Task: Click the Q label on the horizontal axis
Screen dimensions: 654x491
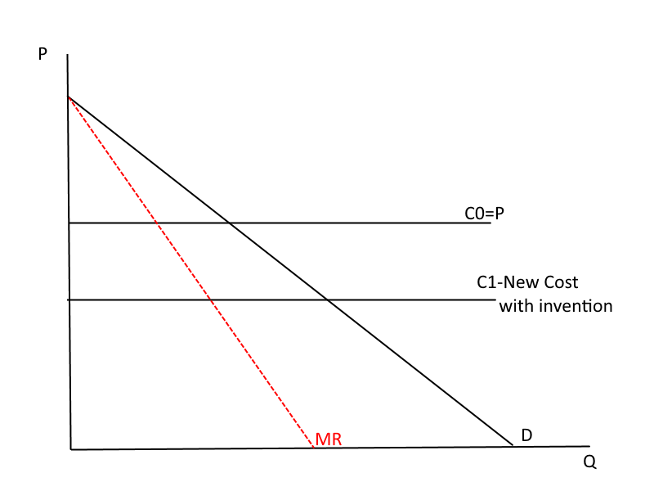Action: [589, 462]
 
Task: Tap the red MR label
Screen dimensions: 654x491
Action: [327, 439]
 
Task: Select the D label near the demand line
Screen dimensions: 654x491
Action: [527, 435]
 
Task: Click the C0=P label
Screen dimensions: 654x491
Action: [486, 213]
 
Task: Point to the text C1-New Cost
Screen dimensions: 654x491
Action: [527, 282]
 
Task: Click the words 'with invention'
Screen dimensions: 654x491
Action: [555, 307]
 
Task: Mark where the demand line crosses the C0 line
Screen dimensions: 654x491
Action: [229, 223]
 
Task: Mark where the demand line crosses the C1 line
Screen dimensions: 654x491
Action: [328, 300]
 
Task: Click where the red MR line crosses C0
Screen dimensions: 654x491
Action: [155, 223]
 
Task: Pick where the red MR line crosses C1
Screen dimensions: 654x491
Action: [211, 300]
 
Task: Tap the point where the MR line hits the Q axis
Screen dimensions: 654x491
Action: [314, 448]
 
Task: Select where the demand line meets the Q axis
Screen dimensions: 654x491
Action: [513, 446]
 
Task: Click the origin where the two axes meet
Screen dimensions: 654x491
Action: [71, 449]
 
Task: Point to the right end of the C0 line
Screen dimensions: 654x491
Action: [490, 223]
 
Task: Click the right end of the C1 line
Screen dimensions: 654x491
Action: [495, 300]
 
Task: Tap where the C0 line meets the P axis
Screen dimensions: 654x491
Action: [69, 223]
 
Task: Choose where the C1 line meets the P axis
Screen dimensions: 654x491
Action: [69, 300]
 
